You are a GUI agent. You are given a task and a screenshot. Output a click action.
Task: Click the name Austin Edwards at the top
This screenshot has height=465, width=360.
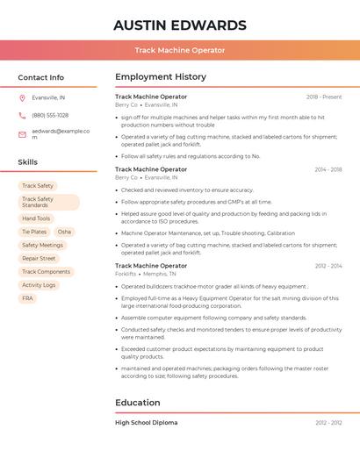(x=179, y=25)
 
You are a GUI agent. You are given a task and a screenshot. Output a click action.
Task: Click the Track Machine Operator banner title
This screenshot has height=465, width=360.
(x=179, y=51)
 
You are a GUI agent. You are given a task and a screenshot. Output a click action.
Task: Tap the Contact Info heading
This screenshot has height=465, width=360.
(x=41, y=77)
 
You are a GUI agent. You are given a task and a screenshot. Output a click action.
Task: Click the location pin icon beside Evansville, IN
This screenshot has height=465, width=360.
(x=22, y=98)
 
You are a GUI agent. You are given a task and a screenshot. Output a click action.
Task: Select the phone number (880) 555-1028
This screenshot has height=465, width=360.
(x=50, y=115)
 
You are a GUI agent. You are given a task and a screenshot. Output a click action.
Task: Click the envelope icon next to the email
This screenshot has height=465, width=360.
(x=22, y=132)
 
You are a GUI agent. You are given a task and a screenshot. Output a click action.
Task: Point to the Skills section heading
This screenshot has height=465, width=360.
(x=28, y=162)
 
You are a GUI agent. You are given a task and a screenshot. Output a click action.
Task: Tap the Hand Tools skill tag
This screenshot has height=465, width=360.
(x=36, y=218)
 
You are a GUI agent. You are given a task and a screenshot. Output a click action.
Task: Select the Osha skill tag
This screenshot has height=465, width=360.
(x=65, y=232)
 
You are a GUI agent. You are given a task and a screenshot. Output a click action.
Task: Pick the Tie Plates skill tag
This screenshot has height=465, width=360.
(x=34, y=232)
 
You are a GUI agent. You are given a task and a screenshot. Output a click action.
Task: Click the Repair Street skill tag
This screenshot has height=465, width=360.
(x=39, y=259)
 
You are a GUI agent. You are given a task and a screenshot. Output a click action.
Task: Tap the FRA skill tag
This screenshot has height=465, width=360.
(x=27, y=298)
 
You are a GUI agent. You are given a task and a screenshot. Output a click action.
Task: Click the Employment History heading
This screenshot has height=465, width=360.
(x=161, y=77)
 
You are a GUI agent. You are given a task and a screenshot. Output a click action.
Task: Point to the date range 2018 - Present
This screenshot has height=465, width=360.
(x=324, y=97)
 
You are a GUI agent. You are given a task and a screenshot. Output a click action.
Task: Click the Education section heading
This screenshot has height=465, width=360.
(x=138, y=403)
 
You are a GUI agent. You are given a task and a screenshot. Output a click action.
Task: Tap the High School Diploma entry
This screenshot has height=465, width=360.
(x=146, y=423)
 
